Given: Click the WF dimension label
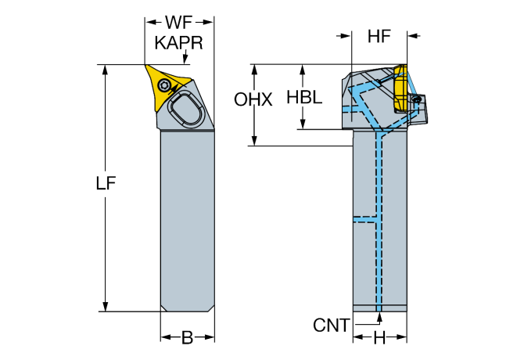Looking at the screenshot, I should coord(179,23).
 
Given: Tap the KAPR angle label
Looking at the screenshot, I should coord(179,44).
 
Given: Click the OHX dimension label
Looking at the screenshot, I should coord(254,100).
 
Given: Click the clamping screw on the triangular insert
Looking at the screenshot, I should coord(165,85).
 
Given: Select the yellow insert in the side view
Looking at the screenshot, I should coord(400,88).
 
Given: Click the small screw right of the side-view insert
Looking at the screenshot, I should coord(417,99).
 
